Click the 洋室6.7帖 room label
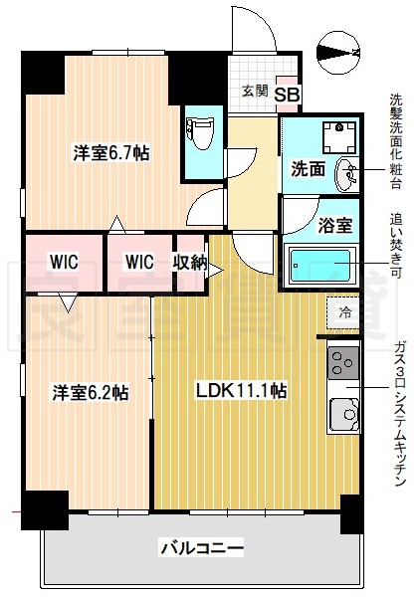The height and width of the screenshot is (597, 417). pyautogui.click(x=110, y=153)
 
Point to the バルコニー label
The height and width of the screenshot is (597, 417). pyautogui.click(x=201, y=546)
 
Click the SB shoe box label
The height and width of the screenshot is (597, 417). pyautogui.click(x=286, y=95)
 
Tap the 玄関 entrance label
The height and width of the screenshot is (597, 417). pyautogui.click(x=255, y=91)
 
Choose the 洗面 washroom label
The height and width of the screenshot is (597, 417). pyautogui.click(x=308, y=168)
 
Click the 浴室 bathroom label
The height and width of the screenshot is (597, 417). pyautogui.click(x=334, y=226)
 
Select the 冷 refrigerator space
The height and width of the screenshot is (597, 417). pyautogui.click(x=344, y=312)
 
